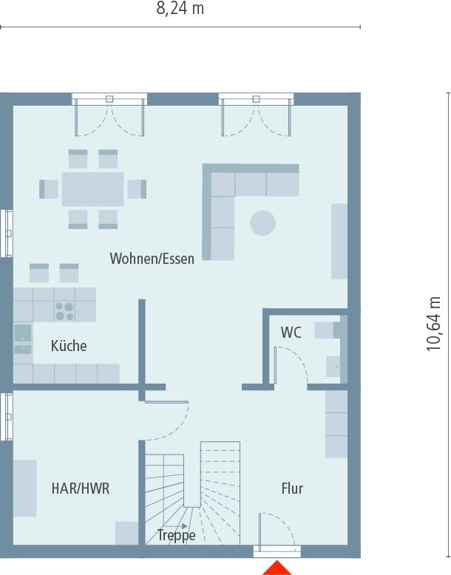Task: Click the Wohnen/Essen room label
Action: click(x=152, y=259)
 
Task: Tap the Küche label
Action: click(x=69, y=345)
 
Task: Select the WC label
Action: click(x=291, y=333)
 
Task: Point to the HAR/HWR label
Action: click(x=81, y=489)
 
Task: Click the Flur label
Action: click(x=292, y=489)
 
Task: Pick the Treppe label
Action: click(x=176, y=535)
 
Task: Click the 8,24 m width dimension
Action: click(x=180, y=9)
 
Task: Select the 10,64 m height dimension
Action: click(x=434, y=324)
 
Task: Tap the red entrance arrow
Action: click(x=277, y=568)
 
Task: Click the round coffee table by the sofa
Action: click(x=262, y=222)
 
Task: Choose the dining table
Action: click(x=92, y=188)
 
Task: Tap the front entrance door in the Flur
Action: click(x=277, y=532)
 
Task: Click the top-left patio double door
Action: click(x=109, y=117)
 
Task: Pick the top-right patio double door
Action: click(x=256, y=117)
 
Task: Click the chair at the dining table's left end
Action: click(x=50, y=189)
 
